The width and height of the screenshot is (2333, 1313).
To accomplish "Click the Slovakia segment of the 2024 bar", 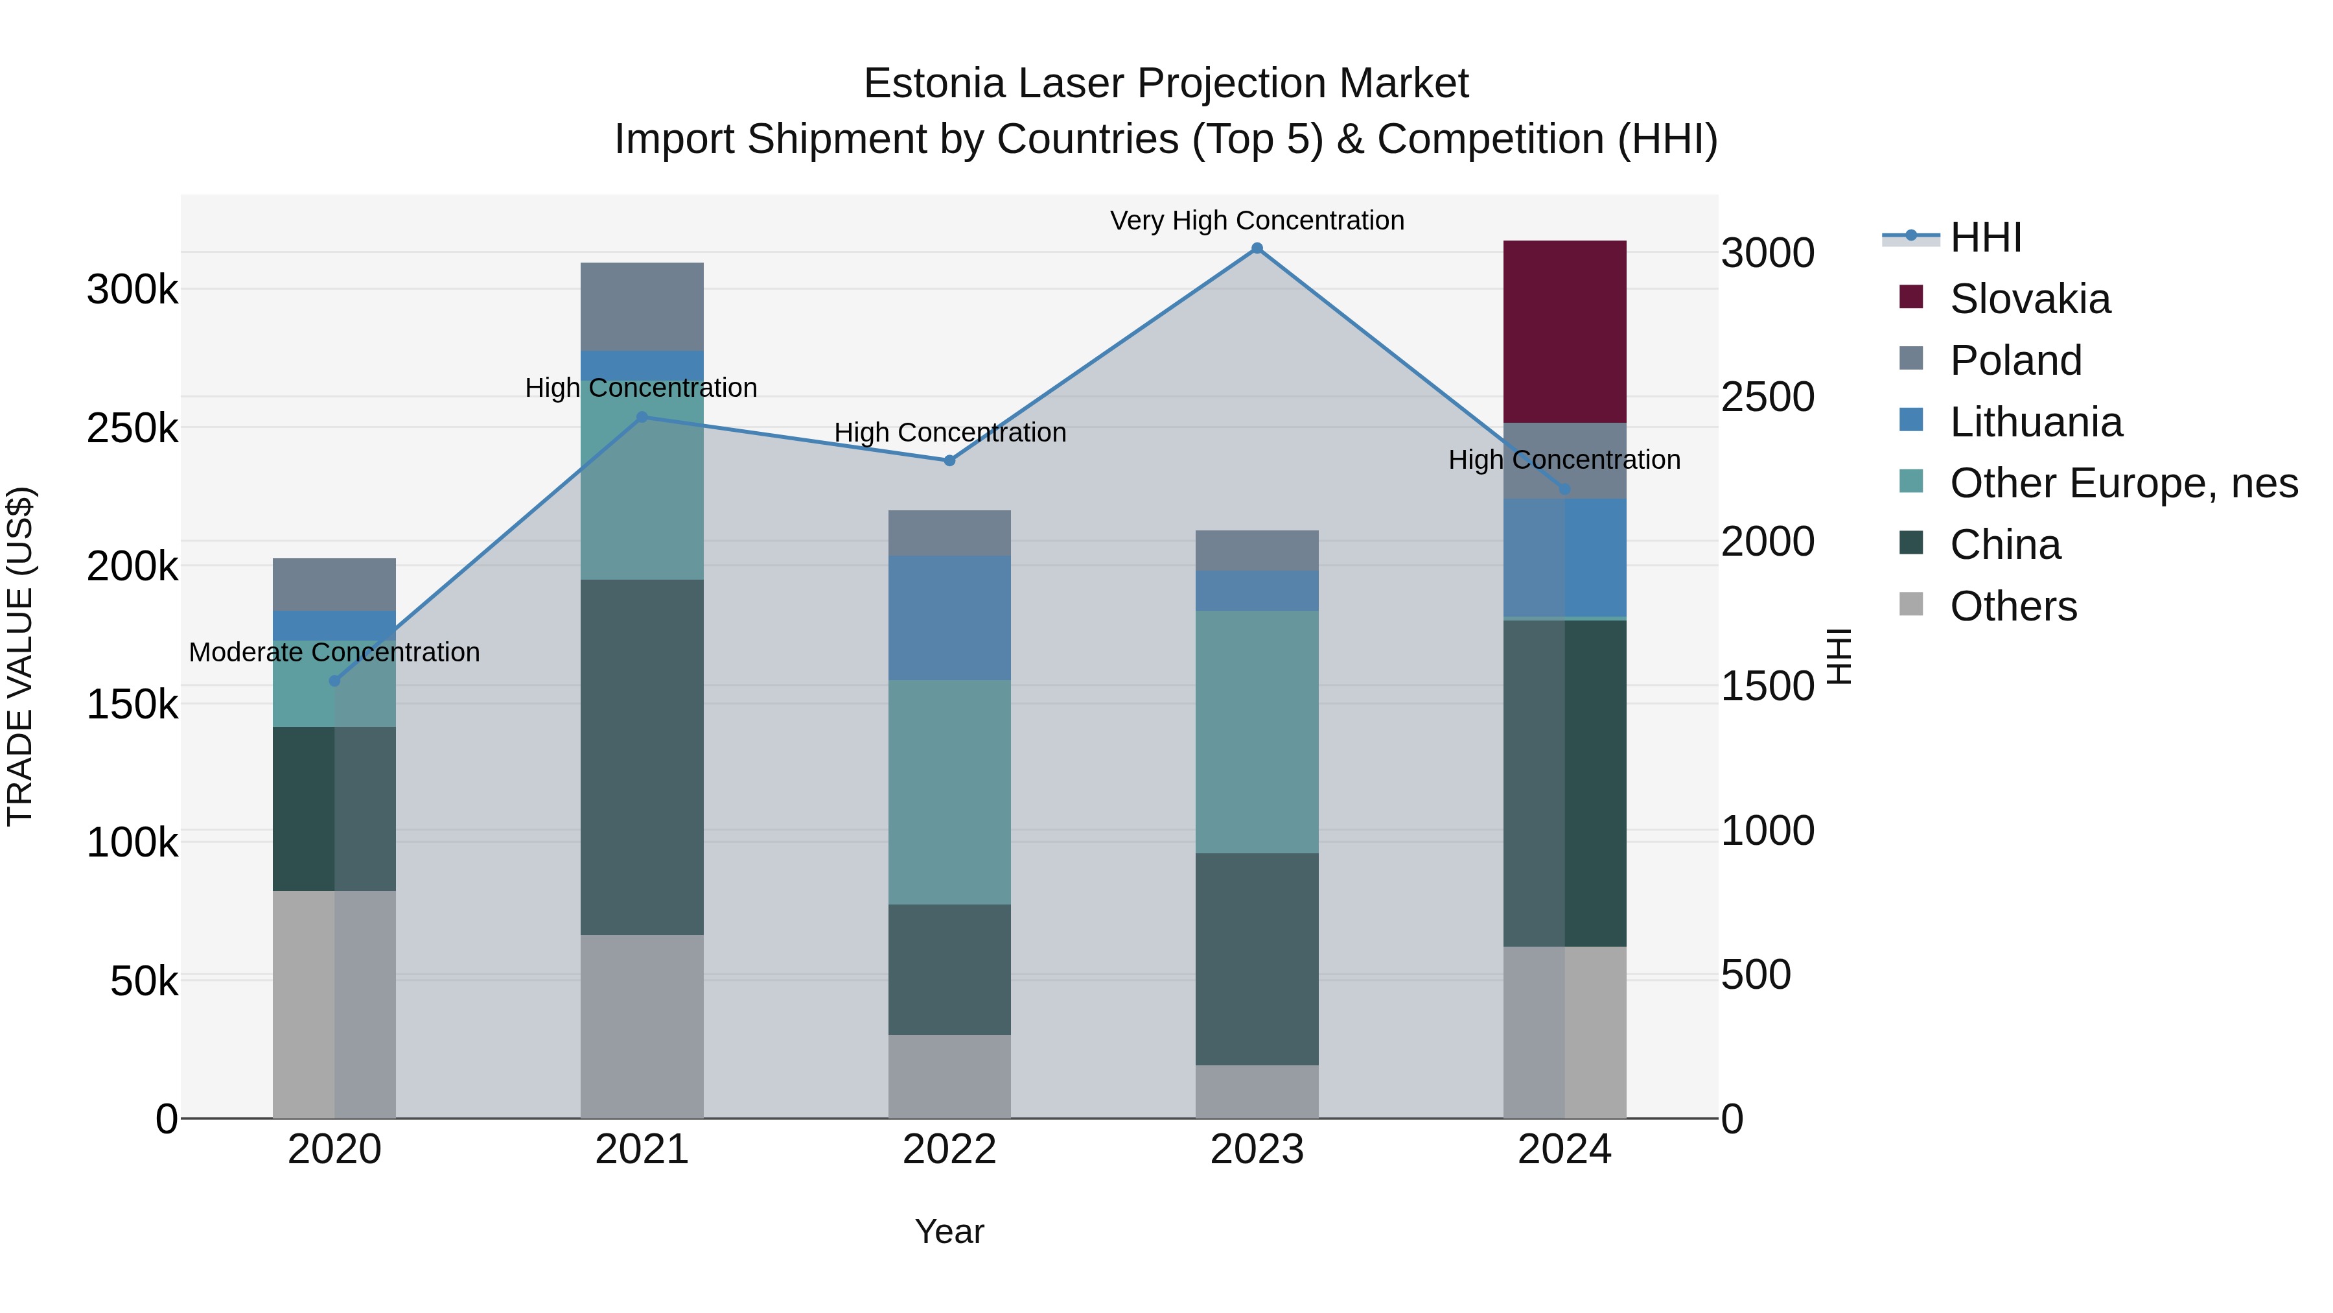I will (1564, 331).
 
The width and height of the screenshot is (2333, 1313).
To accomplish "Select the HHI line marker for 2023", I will (1257, 248).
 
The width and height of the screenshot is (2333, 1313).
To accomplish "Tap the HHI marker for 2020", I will (334, 681).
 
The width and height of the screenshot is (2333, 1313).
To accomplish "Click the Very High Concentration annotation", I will (1257, 220).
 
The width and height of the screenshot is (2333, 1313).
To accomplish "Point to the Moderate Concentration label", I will (334, 652).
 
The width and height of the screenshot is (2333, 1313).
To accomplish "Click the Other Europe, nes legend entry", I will (2123, 483).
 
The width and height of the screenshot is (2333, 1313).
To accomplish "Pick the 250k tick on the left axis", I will (132, 429).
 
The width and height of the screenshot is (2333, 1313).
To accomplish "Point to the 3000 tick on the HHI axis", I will (1767, 253).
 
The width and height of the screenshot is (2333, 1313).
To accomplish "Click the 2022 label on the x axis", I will (949, 1150).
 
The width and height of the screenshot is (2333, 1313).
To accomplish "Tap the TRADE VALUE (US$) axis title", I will (20, 656).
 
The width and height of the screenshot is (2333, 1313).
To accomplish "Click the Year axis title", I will (949, 1231).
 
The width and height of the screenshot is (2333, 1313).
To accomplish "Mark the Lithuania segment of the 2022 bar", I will (949, 617).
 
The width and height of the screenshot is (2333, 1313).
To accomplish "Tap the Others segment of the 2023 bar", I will (1257, 1091).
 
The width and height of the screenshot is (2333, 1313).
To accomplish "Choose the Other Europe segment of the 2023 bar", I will (1257, 731).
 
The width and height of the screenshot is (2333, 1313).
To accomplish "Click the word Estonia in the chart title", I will (934, 84).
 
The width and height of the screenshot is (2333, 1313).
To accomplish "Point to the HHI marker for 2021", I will (642, 417).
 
